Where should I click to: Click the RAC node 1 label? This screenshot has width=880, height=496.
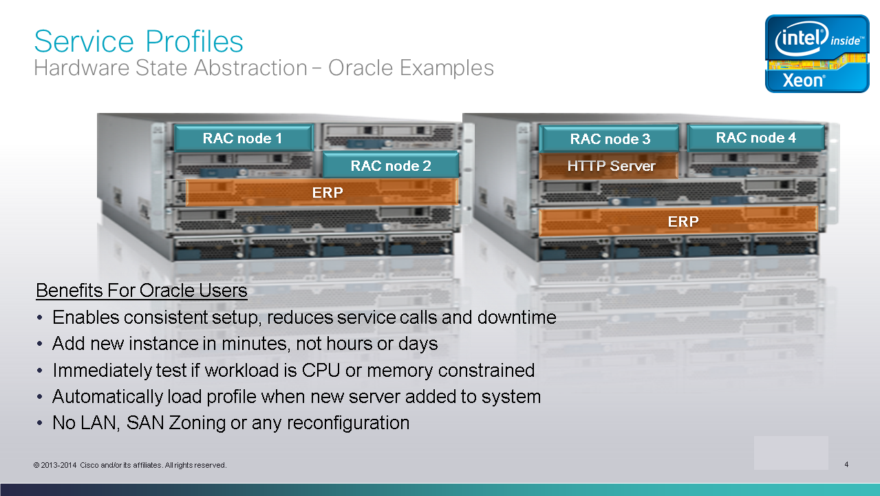[x=242, y=138]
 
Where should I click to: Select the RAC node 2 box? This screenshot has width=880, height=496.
[x=391, y=165]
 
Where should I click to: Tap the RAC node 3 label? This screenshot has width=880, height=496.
[x=610, y=139]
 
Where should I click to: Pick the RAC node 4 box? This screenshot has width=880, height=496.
[x=756, y=138]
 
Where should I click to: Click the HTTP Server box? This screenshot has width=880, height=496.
[x=609, y=166]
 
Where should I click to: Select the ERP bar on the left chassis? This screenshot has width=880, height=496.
[x=322, y=192]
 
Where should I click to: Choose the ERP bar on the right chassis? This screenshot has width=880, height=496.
[x=679, y=222]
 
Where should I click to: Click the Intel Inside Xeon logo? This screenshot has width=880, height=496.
[x=817, y=54]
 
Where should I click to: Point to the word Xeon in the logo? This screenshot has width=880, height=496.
[x=804, y=80]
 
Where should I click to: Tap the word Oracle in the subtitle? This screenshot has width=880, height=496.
[x=361, y=68]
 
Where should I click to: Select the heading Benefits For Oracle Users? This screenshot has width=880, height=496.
[x=142, y=291]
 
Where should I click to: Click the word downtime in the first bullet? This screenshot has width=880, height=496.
[x=517, y=317]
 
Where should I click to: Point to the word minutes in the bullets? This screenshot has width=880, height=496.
[x=256, y=343]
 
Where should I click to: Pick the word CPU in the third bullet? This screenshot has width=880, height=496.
[x=321, y=370]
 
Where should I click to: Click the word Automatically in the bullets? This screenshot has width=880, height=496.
[x=107, y=397]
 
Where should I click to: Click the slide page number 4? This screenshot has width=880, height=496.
[x=846, y=464]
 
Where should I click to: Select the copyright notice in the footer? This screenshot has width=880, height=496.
[x=130, y=465]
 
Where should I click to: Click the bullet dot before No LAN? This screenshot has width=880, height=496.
[x=39, y=423]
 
